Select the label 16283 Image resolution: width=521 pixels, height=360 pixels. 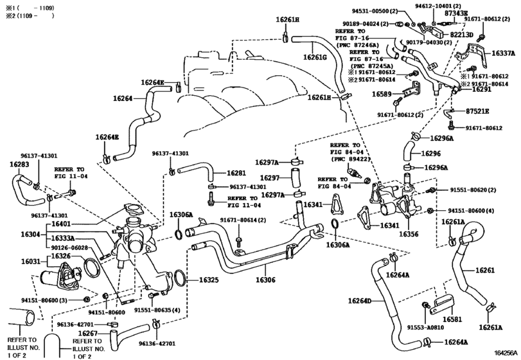(19, 165)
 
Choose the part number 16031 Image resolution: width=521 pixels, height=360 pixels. (31, 262)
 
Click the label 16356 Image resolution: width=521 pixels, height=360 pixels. (409, 234)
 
